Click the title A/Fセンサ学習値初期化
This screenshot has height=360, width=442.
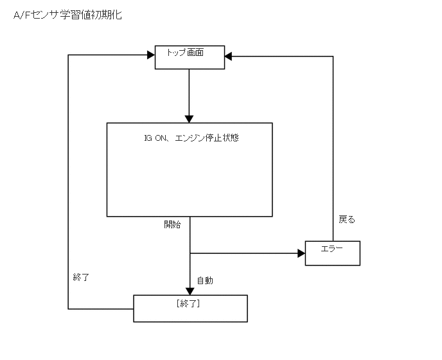pos(67,15)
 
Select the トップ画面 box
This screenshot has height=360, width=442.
pos(190,57)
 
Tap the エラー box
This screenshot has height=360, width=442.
pos(332,253)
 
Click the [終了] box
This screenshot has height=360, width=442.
pos(190,308)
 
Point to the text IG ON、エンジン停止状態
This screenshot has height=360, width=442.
pos(191,138)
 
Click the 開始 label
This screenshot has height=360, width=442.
pos(172,224)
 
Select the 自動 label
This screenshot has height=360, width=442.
pos(205,280)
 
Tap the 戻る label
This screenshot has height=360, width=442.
pos(347,219)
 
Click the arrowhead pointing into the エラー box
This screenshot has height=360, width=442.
pos(301,253)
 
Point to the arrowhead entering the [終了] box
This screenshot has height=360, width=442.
pos(190,291)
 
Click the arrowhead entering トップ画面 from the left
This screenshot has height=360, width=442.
pos(151,57)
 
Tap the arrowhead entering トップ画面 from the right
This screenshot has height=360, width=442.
pos(229,57)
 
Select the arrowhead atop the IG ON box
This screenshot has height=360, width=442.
pos(190,118)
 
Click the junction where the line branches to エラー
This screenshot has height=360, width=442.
pos(190,253)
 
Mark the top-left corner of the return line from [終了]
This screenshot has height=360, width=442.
pos(68,57)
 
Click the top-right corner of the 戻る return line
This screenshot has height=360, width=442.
pos(333,57)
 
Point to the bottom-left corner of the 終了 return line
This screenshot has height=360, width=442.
pos(68,309)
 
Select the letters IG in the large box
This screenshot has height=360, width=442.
pos(148,138)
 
